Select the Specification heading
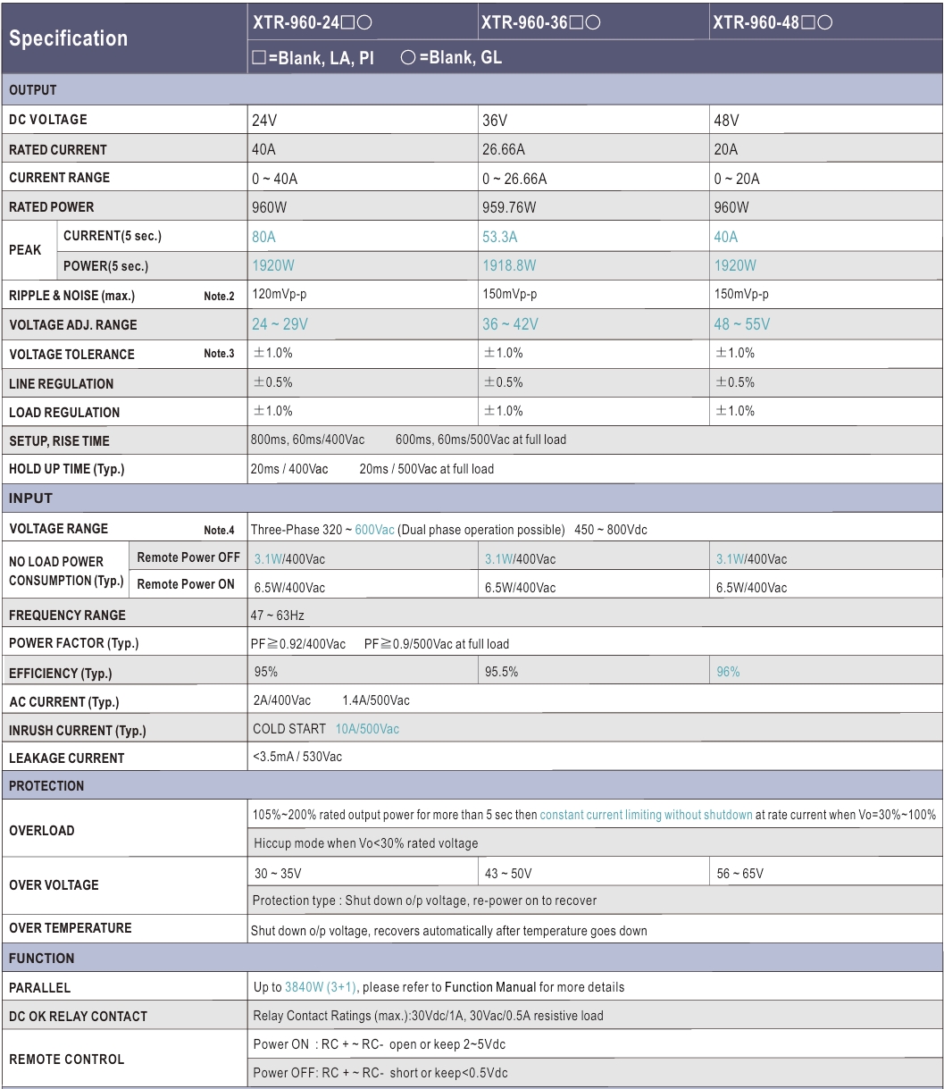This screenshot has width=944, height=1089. click(x=69, y=38)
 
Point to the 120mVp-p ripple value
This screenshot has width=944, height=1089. click(x=284, y=295)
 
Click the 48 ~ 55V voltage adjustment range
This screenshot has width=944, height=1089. click(x=741, y=324)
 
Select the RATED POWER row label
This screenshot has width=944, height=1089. click(x=52, y=207)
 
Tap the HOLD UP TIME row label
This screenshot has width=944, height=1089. click(x=66, y=469)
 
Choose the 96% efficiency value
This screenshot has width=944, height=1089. click(x=728, y=672)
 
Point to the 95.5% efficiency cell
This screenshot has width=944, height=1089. click(x=501, y=672)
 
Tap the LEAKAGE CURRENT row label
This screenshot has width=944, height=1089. click(x=66, y=758)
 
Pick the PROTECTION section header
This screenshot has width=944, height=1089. click(x=46, y=786)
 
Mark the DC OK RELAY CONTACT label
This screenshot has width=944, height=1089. click(x=78, y=1016)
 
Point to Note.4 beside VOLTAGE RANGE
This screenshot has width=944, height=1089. click(x=219, y=531)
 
